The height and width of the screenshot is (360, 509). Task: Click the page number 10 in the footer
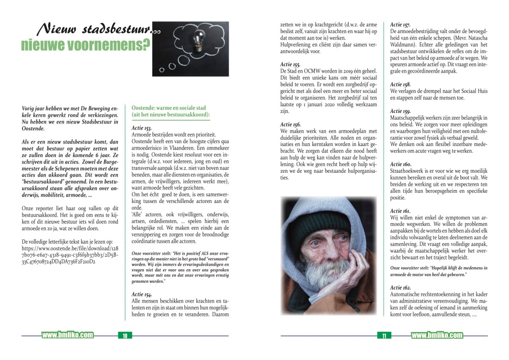[x=125, y=336]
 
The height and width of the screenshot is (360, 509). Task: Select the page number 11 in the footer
[x=384, y=336]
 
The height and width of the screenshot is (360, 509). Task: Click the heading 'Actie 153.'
[x=142, y=128]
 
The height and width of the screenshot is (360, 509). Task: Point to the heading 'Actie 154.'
[x=142, y=294]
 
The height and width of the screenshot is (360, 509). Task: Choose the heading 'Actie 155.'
[x=291, y=64]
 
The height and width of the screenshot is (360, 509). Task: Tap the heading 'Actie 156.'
[x=291, y=124]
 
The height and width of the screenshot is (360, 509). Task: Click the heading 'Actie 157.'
[x=400, y=25]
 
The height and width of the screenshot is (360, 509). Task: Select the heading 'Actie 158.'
[x=400, y=84]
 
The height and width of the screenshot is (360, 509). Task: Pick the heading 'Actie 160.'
[x=400, y=164]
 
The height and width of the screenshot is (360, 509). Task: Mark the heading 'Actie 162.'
[x=400, y=287]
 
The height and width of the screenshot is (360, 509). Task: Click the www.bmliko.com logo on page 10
[x=67, y=335]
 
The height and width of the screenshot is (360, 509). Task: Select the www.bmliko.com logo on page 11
[x=437, y=335]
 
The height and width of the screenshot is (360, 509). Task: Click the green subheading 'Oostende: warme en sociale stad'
[x=169, y=108]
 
